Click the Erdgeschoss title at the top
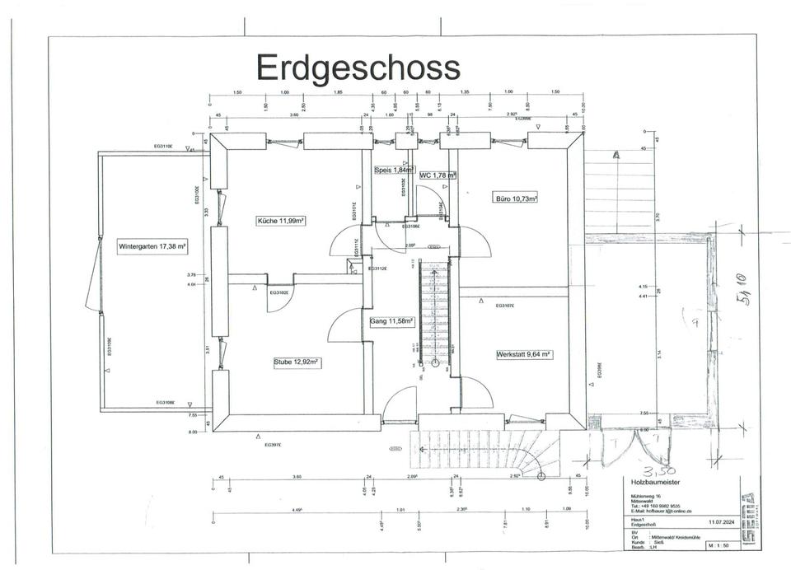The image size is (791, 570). click(358, 66)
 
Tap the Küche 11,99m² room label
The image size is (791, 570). click(282, 221)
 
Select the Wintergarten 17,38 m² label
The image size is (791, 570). click(152, 245)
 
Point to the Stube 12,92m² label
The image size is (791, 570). click(297, 362)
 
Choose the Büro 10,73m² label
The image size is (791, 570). click(517, 199)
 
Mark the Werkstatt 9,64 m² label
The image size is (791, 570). click(523, 355)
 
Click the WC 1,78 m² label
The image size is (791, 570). click(438, 175)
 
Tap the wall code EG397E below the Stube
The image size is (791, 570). click(274, 445)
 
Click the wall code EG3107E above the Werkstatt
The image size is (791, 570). click(505, 306)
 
